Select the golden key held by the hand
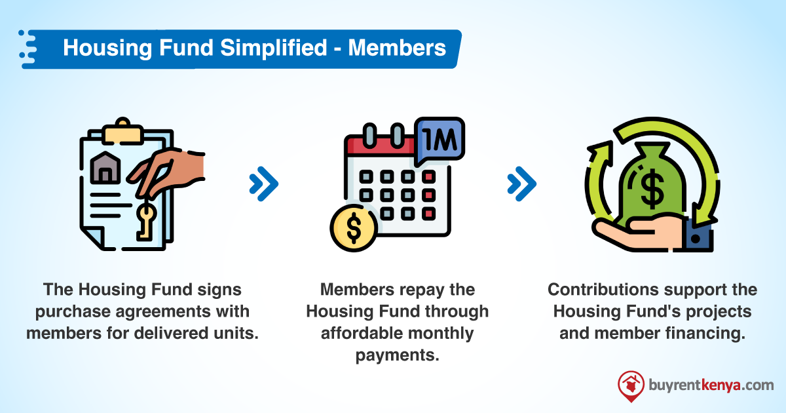coord(144,220)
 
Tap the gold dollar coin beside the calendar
coord(354,227)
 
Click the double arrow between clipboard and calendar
coord(264,184)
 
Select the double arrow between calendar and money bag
coord(521,182)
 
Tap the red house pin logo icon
coord(630,386)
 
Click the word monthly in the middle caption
coord(442,333)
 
